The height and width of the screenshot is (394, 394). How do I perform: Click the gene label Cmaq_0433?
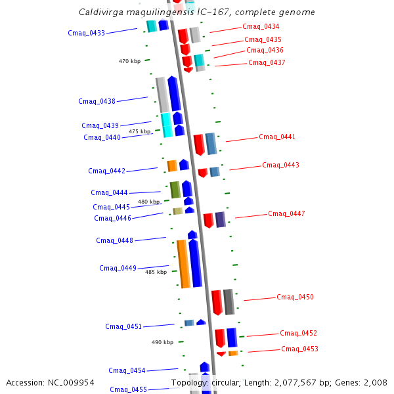click(86, 33)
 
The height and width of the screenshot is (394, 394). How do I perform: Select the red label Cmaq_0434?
click(261, 27)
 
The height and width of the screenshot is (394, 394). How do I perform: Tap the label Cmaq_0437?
click(267, 63)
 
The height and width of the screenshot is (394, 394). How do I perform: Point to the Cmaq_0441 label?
click(277, 137)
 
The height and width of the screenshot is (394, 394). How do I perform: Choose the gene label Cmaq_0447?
click(286, 214)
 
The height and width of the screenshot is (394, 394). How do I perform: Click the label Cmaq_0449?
click(118, 268)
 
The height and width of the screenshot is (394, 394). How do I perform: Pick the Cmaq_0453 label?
click(299, 349)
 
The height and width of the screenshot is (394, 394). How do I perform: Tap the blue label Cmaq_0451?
click(123, 326)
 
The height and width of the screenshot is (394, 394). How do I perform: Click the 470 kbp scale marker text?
click(129, 62)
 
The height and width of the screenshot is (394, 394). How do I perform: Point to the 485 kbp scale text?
click(156, 272)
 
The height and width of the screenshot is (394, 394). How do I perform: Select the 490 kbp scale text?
click(162, 342)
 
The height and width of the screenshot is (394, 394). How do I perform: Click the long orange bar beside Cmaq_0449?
click(183, 264)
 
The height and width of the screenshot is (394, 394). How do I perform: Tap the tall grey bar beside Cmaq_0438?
click(162, 95)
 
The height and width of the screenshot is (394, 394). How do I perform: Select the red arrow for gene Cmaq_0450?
click(217, 302)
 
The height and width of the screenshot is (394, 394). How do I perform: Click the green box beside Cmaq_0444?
click(175, 189)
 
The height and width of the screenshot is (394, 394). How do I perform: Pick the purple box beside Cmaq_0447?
click(220, 219)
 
